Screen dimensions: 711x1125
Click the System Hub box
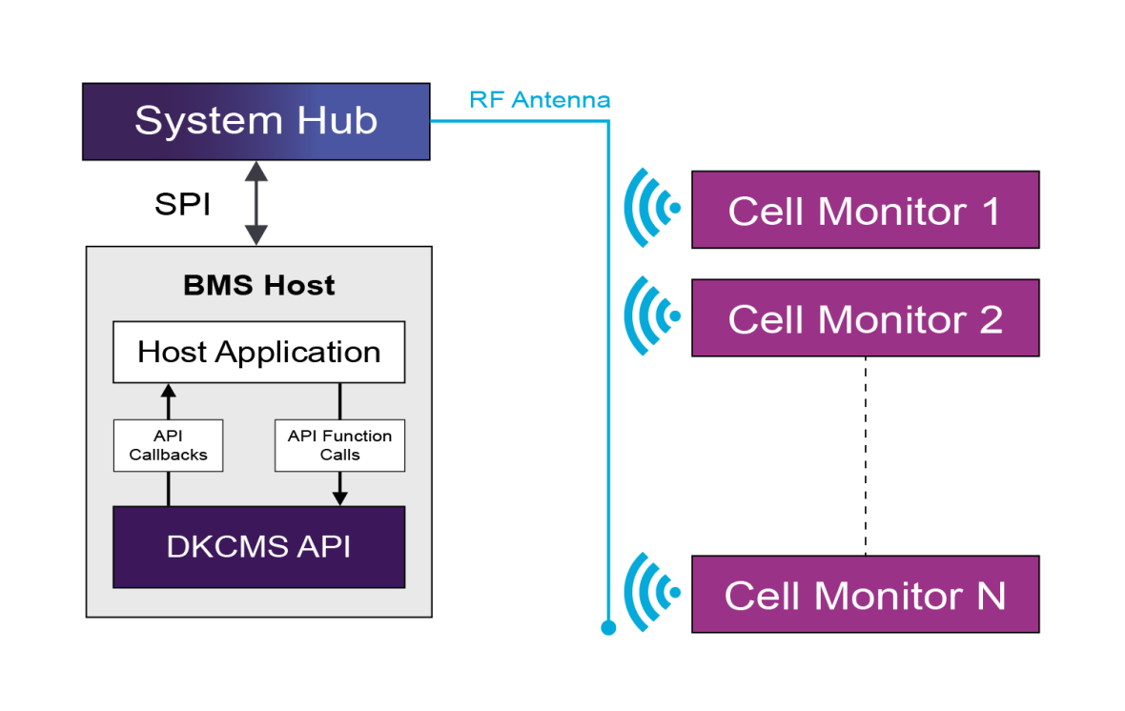click(x=256, y=121)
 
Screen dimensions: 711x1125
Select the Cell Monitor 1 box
click(x=865, y=210)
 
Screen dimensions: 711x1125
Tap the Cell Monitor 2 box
click(x=865, y=317)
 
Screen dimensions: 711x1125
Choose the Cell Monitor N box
click(x=865, y=595)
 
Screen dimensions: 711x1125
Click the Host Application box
click(x=258, y=352)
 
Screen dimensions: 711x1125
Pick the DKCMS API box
click(x=258, y=547)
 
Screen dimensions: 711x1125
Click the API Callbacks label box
click(x=168, y=445)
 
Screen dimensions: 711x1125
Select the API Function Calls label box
click(x=339, y=445)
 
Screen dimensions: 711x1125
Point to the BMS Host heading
click(x=258, y=285)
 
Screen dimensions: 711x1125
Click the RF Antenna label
click(x=540, y=100)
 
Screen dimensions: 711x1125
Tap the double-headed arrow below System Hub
click(x=256, y=203)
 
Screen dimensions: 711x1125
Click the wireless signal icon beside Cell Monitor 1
click(x=651, y=208)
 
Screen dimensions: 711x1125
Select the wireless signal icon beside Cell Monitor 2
click(x=651, y=315)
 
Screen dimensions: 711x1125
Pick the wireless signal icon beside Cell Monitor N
click(x=651, y=593)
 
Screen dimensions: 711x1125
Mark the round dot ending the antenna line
click(x=608, y=627)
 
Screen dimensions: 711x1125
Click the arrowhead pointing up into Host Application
click(x=168, y=389)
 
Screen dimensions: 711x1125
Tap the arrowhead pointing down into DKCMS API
click(x=339, y=498)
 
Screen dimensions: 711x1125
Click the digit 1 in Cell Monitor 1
click(x=991, y=211)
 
